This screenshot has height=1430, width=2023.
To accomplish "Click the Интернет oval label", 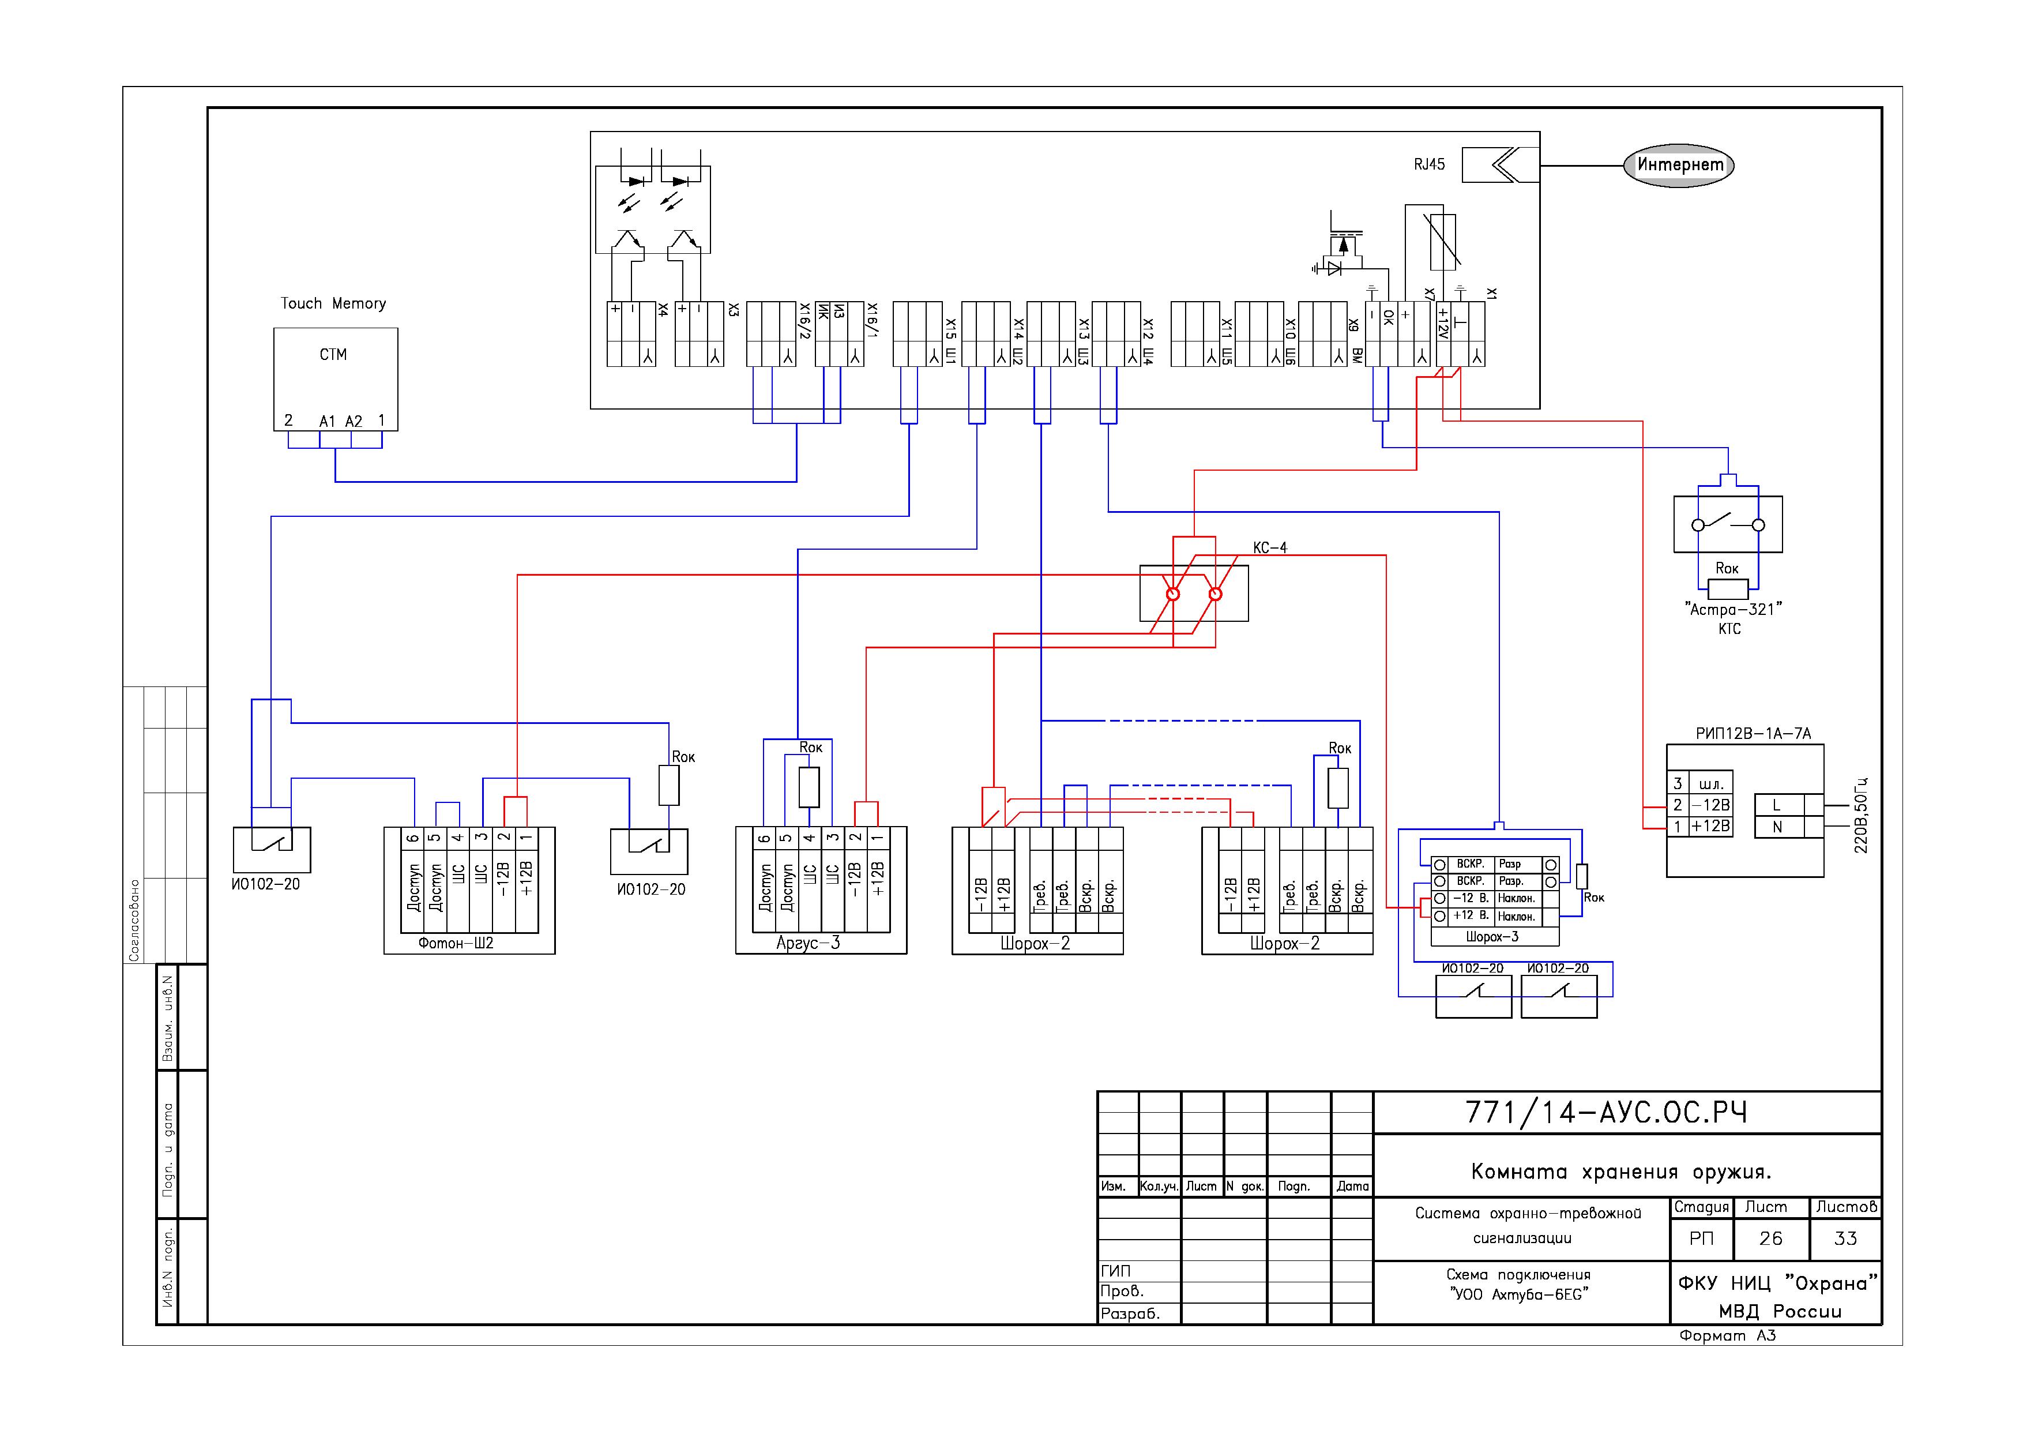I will tap(1679, 165).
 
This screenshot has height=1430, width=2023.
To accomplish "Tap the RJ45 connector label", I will tap(1429, 165).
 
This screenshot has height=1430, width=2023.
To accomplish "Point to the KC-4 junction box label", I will tap(1270, 548).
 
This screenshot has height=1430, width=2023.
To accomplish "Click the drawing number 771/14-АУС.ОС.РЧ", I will tap(1605, 1113).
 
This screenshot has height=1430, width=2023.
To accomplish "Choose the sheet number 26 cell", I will tap(1770, 1239).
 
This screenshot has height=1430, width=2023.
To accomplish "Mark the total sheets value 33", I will tap(1845, 1239).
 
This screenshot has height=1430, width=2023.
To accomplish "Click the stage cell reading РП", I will tap(1701, 1239).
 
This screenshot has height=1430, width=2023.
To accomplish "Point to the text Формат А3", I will tap(1727, 1336).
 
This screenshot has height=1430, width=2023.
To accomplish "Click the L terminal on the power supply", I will tap(1776, 805).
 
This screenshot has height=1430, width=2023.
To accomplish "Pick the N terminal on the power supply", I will tap(1776, 827).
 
